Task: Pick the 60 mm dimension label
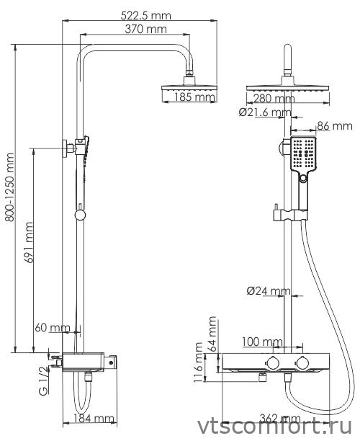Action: [52, 328]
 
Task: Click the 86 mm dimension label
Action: [333, 126]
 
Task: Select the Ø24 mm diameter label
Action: [268, 291]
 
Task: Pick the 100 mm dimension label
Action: [262, 341]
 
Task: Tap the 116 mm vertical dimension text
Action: [199, 367]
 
